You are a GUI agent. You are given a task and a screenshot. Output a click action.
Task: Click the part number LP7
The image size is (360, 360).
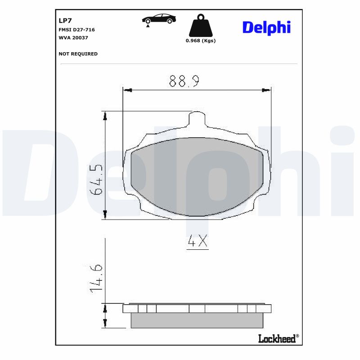click(66, 21)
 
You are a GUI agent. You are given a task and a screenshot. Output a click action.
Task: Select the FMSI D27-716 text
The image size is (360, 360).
click(76, 30)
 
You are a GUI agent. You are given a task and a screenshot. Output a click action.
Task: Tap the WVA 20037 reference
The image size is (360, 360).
click(73, 38)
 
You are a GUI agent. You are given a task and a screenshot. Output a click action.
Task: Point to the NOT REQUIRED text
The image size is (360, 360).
click(78, 54)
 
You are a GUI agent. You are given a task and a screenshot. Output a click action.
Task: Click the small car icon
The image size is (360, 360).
click(158, 19)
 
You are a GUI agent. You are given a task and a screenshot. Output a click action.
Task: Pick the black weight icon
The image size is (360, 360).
click(200, 26)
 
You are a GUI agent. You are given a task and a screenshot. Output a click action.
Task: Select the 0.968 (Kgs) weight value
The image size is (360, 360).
click(201, 40)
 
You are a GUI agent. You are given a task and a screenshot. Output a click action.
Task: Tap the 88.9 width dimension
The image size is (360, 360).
click(184, 81)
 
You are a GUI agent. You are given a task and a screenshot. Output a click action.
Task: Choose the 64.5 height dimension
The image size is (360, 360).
click(96, 179)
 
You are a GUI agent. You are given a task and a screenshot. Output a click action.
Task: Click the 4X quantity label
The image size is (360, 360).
click(197, 242)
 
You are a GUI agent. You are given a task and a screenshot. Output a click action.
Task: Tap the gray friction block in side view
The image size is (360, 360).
click(197, 320)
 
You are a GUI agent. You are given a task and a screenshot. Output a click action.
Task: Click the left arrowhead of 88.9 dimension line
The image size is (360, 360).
click(127, 90)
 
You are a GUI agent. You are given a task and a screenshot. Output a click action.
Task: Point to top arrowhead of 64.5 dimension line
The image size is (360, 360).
click(105, 116)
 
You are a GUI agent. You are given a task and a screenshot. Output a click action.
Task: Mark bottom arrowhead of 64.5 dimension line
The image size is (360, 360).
click(105, 215)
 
